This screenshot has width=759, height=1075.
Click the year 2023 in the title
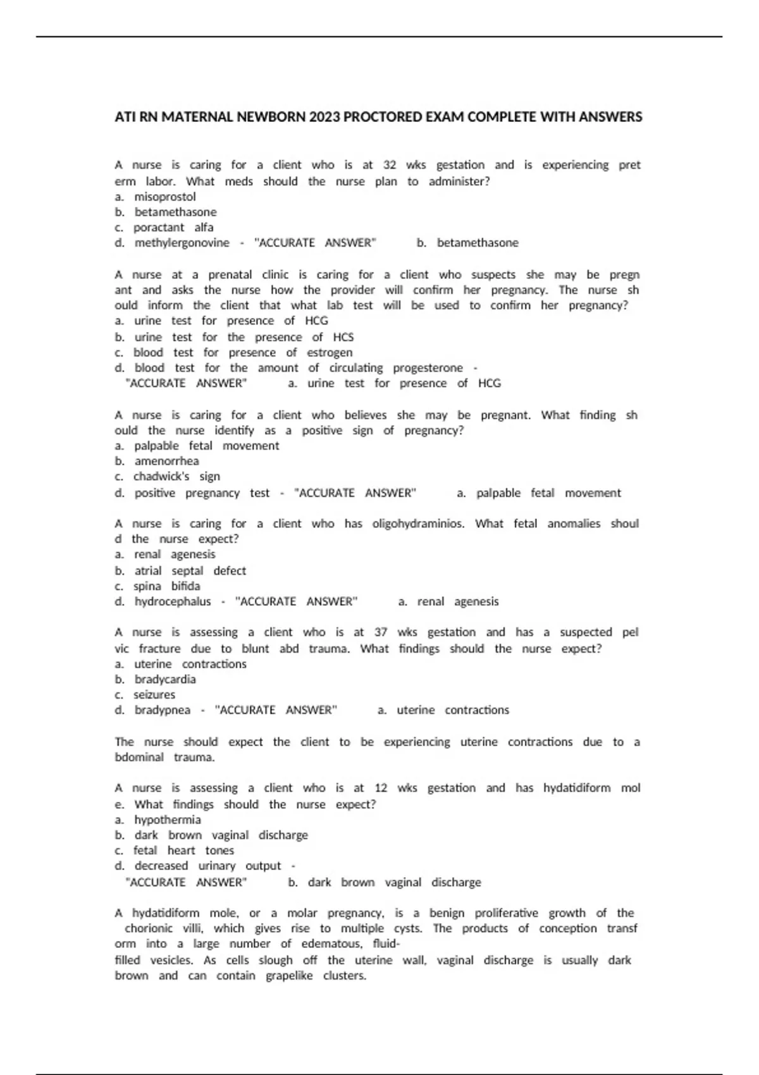324,117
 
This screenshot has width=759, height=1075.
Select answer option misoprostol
164,197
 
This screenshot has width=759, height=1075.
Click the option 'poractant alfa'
173,227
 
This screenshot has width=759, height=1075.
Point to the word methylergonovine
182,243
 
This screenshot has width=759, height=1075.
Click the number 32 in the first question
390,165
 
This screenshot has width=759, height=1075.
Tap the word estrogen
330,352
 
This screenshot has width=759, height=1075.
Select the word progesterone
428,368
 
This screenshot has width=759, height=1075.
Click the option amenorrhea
166,461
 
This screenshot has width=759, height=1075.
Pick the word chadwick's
161,476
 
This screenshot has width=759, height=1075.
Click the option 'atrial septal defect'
190,570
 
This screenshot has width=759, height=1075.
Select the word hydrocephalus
172,601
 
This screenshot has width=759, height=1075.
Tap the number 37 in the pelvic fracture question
381,632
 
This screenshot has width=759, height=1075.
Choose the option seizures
154,694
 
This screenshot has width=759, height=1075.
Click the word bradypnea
162,710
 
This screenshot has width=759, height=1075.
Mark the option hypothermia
167,820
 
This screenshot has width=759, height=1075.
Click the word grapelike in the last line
289,976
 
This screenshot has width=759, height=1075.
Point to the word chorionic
149,928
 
